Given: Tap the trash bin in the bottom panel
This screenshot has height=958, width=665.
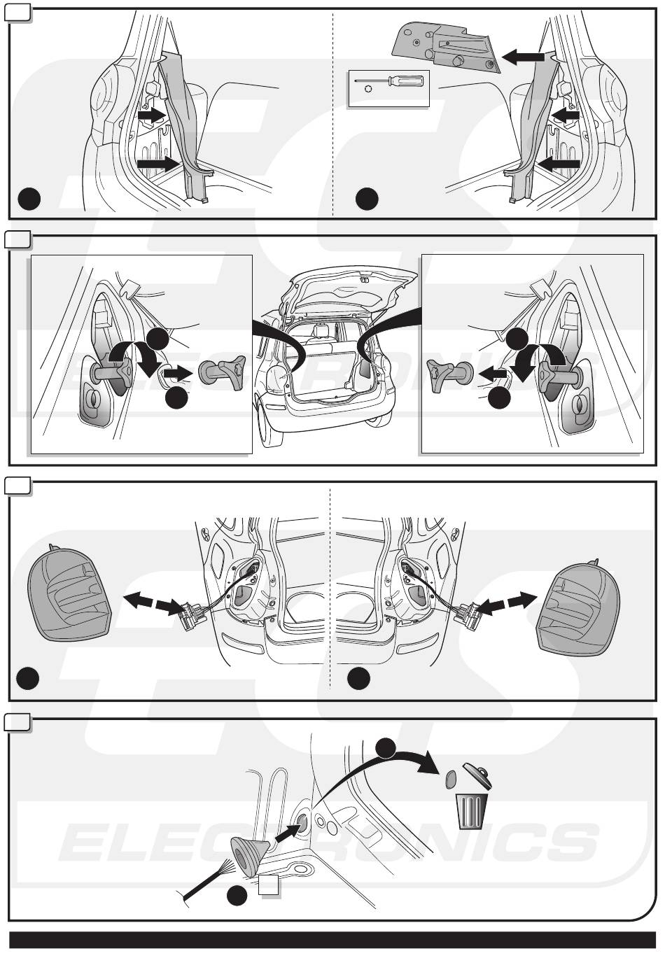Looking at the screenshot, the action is pyautogui.click(x=472, y=811).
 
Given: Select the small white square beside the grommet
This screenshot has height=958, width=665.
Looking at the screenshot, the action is pyautogui.click(x=269, y=886).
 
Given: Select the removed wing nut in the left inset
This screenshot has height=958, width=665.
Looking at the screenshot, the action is pyautogui.click(x=223, y=369).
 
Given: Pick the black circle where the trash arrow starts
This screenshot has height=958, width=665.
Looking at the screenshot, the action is pyautogui.click(x=386, y=747).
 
